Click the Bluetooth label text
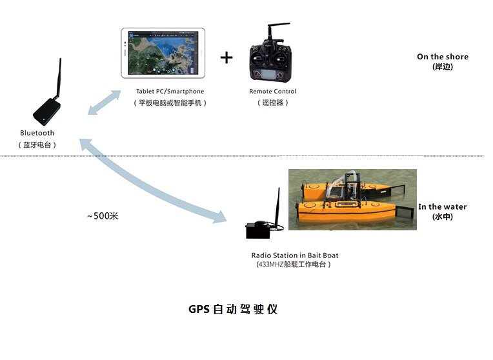[37, 133]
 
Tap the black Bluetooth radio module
[47, 110]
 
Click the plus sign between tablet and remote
[226, 57]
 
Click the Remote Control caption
[273, 92]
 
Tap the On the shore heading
[443, 57]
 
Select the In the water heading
[443, 206]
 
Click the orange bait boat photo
[352, 199]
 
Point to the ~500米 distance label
[103, 216]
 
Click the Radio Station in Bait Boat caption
[294, 255]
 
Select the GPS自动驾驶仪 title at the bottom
[233, 309]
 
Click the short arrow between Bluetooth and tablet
[105, 103]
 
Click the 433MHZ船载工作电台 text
[293, 264]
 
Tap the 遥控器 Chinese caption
[273, 103]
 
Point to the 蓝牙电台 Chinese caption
[37, 145]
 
